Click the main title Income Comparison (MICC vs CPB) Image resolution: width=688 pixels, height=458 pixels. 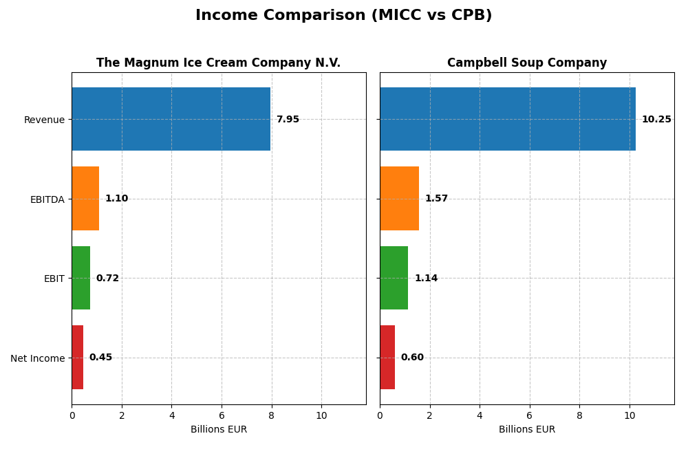(343, 15)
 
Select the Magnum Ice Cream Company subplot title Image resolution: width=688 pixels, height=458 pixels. (218, 63)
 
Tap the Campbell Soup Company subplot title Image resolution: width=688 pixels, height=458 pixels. (526, 63)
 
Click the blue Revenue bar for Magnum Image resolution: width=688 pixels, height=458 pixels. (171, 119)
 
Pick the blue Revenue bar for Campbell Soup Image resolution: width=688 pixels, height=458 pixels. (507, 119)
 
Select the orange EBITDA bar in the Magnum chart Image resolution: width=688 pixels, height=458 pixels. (85, 198)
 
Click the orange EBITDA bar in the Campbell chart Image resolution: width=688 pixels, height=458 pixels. (399, 198)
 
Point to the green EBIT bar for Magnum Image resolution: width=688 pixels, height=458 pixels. (80, 278)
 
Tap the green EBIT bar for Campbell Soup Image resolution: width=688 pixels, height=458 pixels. (394, 278)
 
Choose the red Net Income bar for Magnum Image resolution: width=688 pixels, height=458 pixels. (77, 357)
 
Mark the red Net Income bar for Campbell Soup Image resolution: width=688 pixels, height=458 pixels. (387, 357)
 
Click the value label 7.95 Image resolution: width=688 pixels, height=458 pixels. (288, 120)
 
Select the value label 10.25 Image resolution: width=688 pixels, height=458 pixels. (656, 120)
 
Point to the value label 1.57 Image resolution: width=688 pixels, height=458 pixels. (436, 199)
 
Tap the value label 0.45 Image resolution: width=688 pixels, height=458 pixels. (100, 358)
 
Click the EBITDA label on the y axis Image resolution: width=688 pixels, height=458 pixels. (47, 199)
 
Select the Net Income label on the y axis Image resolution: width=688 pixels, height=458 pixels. (37, 358)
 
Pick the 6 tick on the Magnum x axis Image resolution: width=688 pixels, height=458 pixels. (222, 415)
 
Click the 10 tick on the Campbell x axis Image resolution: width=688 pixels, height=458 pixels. (629, 415)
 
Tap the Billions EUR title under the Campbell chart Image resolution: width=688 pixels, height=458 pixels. (526, 430)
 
